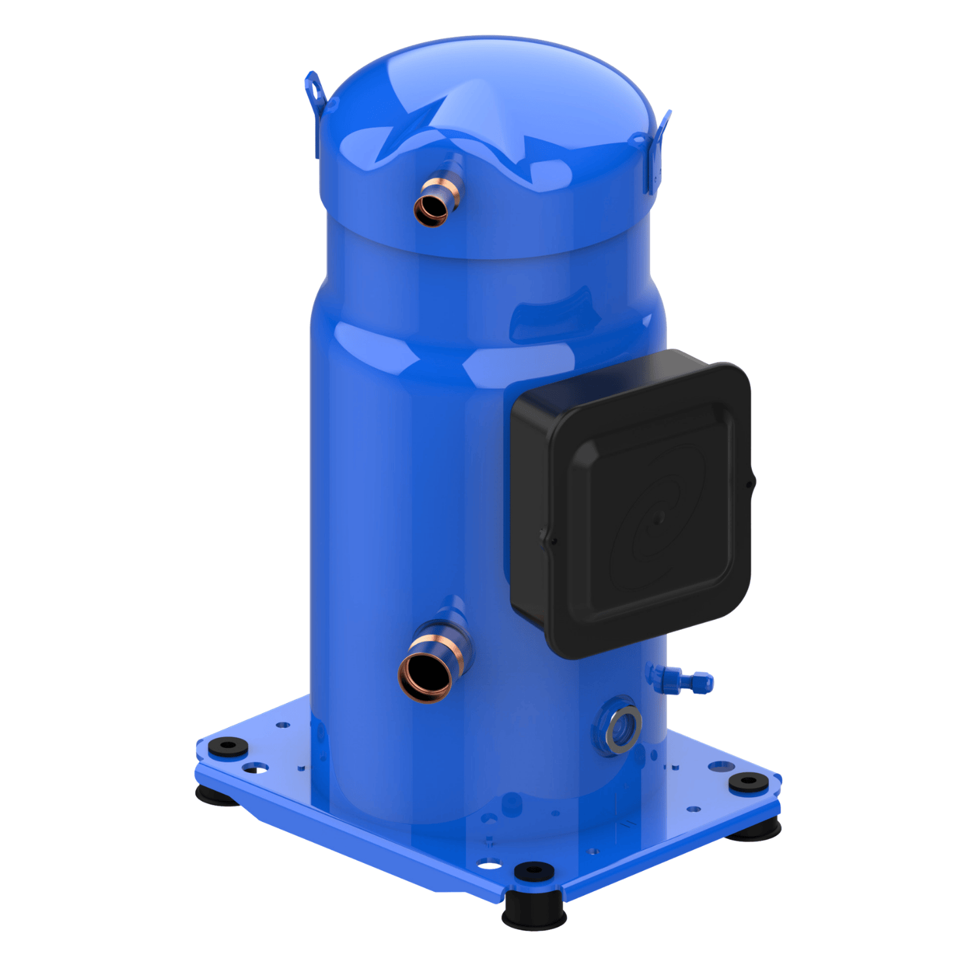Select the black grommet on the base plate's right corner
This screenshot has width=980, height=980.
pyautogui.click(x=747, y=781)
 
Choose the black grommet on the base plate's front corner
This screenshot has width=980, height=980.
pyautogui.click(x=534, y=870)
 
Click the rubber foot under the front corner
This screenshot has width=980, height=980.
pyautogui.click(x=534, y=911)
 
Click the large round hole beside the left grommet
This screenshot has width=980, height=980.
pyautogui.click(x=259, y=768)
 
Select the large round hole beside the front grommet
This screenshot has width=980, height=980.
pyautogui.click(x=489, y=866)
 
